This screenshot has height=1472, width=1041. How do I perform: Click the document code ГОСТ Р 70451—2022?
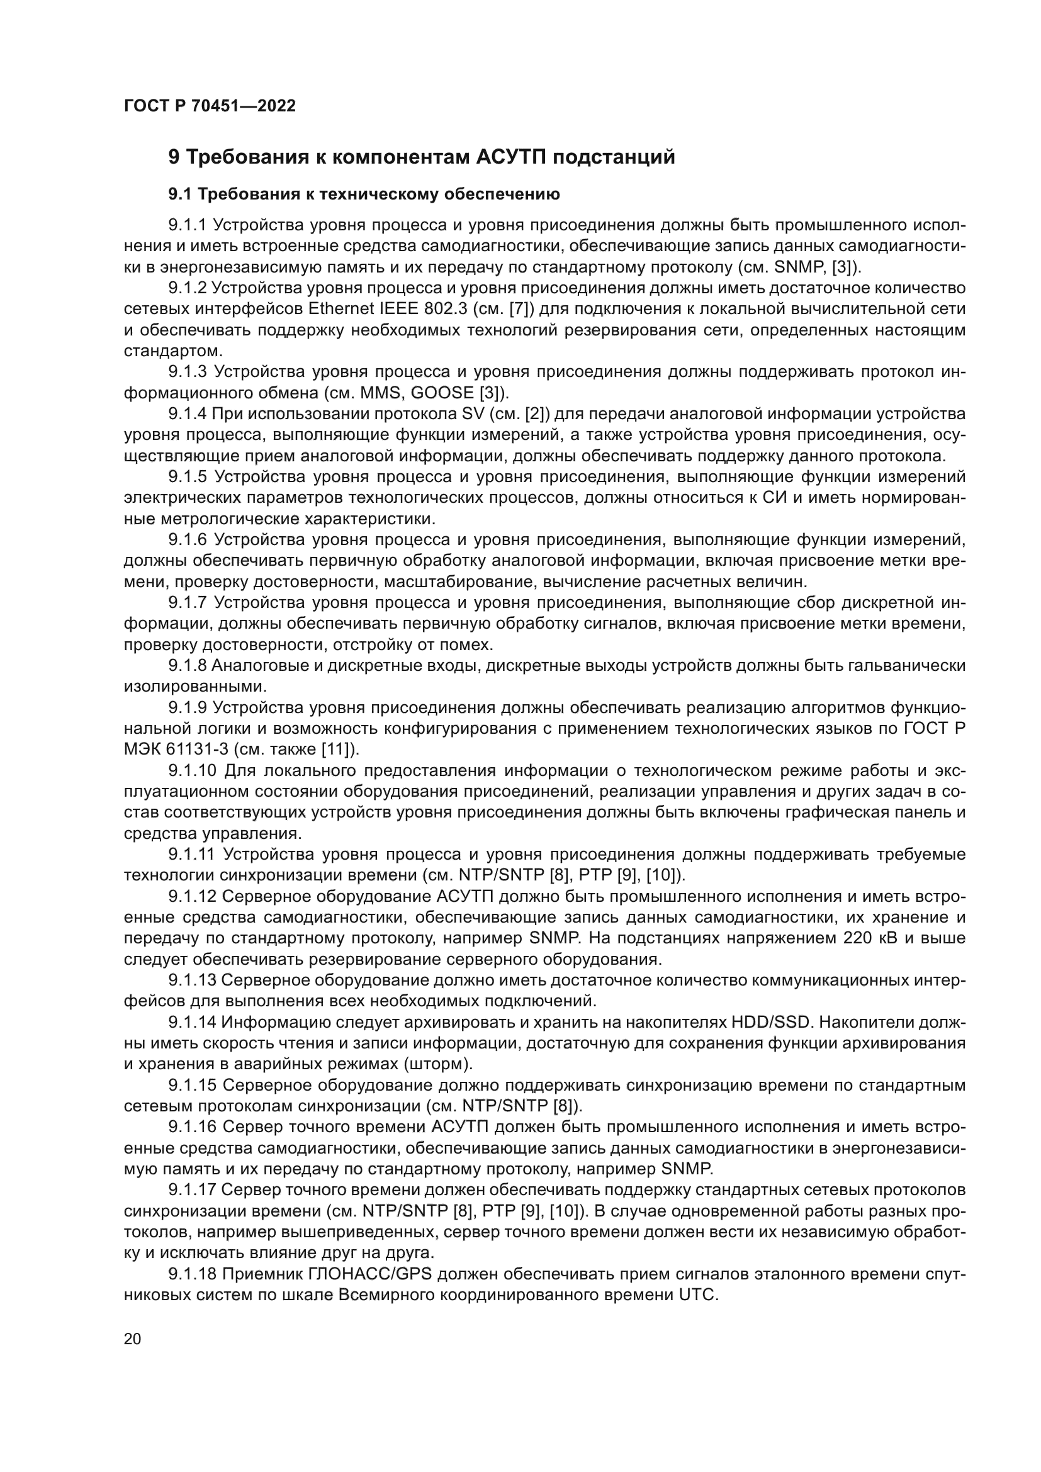click(x=210, y=106)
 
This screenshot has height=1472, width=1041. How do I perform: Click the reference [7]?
click(x=519, y=309)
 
